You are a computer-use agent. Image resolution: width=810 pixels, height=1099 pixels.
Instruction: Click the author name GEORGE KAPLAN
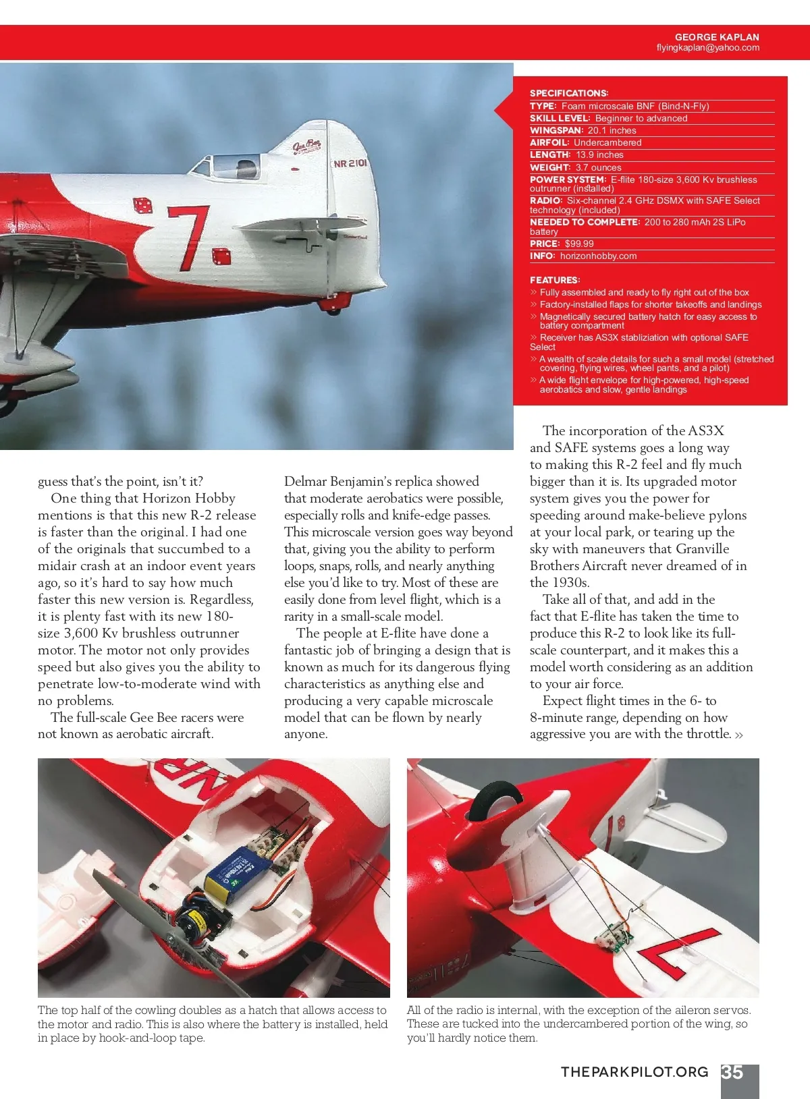[717, 37]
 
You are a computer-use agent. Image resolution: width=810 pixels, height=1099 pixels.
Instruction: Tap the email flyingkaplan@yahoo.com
[707, 48]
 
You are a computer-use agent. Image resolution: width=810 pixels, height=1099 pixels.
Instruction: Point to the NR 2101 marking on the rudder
[350, 163]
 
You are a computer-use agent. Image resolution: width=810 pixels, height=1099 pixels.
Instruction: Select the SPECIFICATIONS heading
[568, 93]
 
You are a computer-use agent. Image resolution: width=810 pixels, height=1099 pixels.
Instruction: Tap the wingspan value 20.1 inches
[612, 130]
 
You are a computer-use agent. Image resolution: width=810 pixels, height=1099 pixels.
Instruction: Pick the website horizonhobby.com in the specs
[598, 256]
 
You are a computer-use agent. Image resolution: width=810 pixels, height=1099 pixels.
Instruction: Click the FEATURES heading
[555, 280]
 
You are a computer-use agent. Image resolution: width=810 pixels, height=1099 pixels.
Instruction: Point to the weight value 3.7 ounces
[598, 167]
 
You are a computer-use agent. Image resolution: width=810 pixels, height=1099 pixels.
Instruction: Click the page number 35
[732, 1073]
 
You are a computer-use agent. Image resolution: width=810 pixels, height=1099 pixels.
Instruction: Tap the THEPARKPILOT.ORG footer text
[634, 1072]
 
